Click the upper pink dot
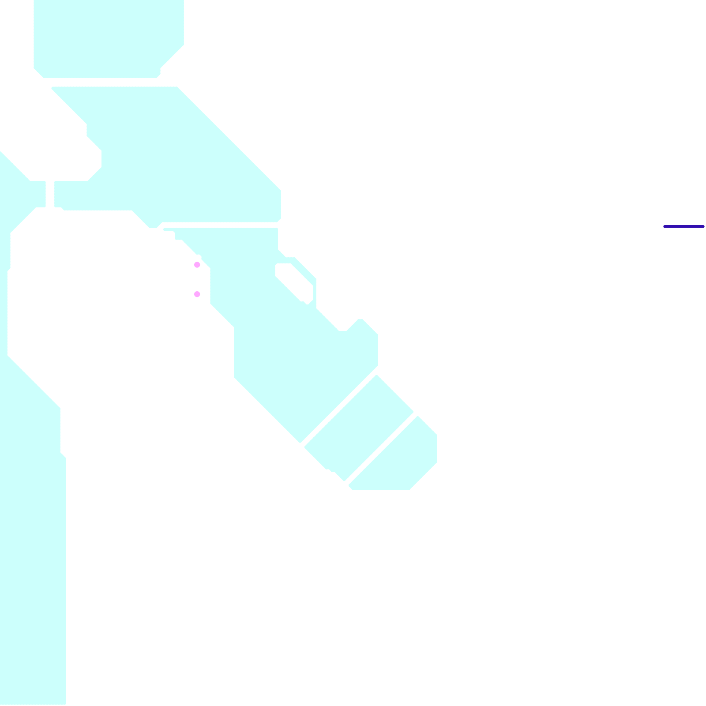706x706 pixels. coord(197,265)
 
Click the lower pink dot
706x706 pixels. coord(197,294)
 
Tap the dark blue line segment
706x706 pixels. coord(684,227)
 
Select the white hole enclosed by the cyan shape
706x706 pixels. coord(294,282)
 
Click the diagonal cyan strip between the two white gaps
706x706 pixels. coord(359,428)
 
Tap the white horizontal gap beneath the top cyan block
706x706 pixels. coord(110,83)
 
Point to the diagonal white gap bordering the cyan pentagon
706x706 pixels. coord(380,448)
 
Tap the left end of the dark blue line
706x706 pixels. coord(665,227)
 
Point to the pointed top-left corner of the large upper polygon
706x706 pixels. coord(53,88)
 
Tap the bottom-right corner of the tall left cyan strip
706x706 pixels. coord(65,702)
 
